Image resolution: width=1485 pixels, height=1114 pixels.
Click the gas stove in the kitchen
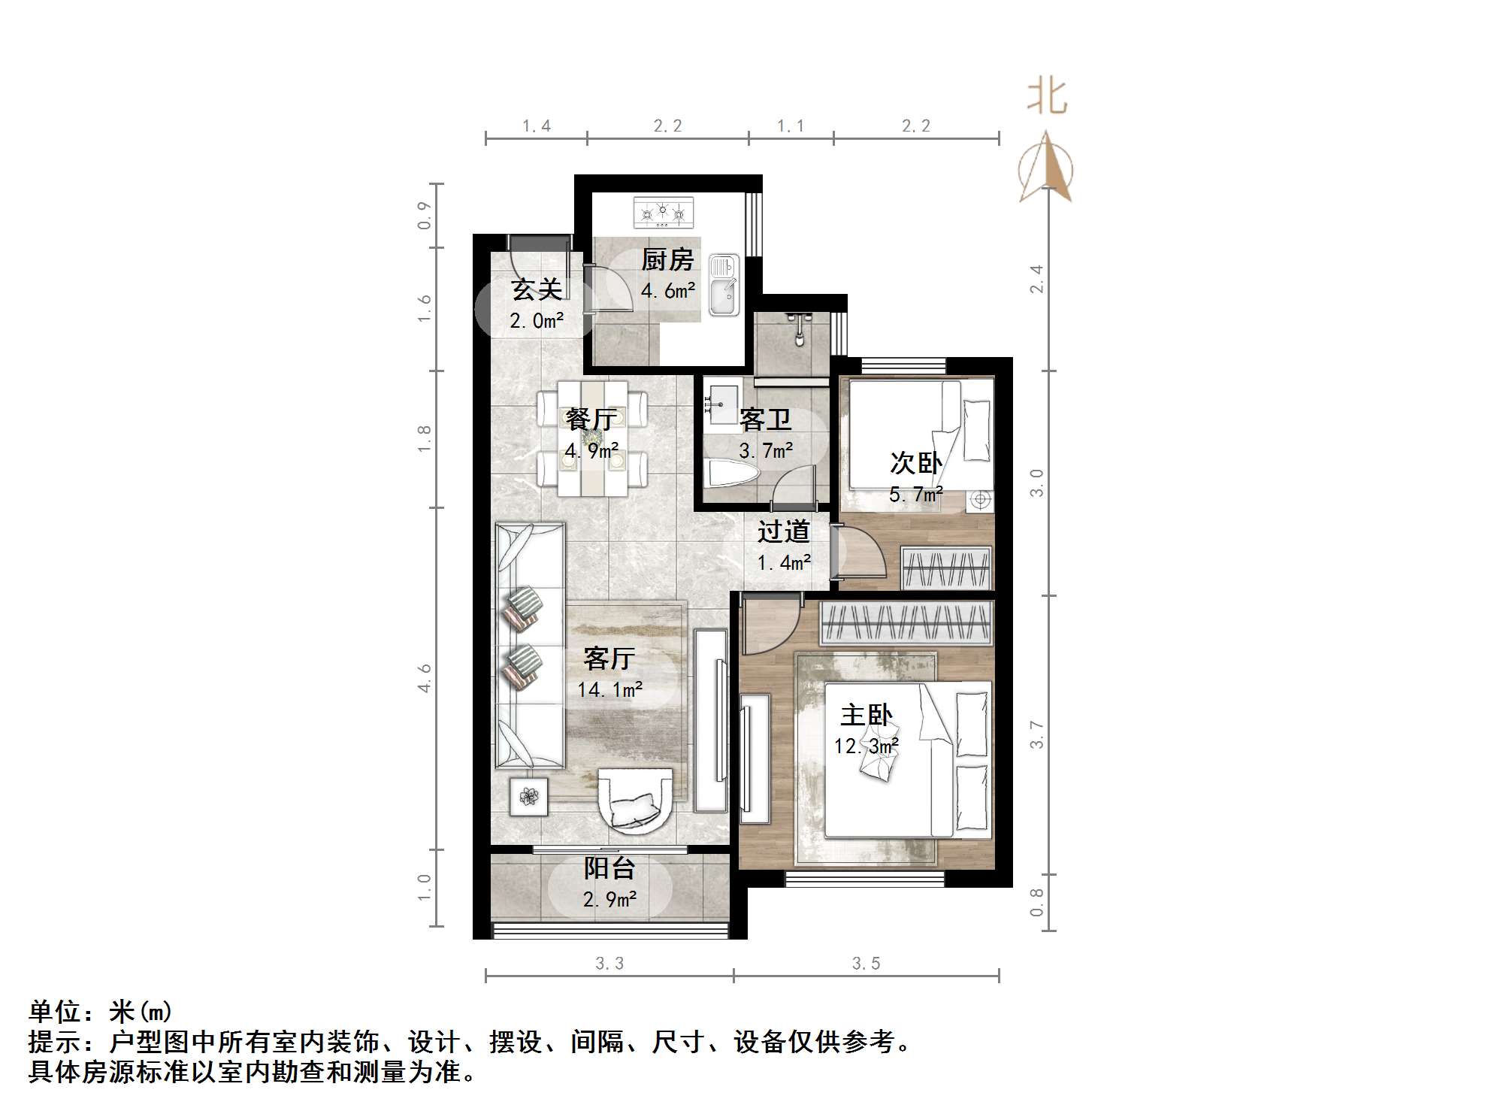[663, 213]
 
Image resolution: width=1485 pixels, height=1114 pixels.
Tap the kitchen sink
[724, 286]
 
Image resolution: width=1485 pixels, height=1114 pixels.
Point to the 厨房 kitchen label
[667, 260]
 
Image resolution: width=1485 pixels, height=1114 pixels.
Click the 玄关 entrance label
[536, 289]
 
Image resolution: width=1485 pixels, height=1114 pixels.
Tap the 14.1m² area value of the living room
[609, 689]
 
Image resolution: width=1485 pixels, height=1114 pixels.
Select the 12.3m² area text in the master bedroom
[866, 746]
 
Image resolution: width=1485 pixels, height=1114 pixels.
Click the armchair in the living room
[635, 800]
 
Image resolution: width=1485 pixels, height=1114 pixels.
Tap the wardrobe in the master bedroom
[906, 623]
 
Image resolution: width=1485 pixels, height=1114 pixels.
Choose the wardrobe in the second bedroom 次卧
[946, 568]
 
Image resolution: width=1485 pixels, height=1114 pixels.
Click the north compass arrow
[1046, 168]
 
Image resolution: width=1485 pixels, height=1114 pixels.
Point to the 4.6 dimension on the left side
[425, 678]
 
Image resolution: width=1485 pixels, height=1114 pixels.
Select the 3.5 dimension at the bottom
[866, 964]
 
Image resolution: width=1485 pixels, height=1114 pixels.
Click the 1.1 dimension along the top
[791, 126]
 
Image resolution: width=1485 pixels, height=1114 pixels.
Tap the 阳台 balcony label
[609, 869]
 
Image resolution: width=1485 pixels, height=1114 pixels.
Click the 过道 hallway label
[783, 532]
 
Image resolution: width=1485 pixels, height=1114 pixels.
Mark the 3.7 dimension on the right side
[1037, 734]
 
